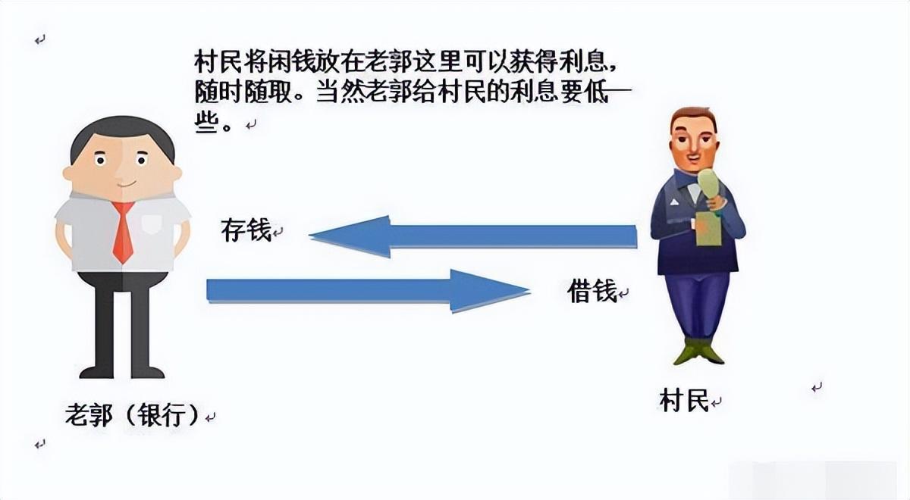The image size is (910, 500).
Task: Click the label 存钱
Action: (246, 230)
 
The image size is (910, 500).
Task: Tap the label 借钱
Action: (592, 291)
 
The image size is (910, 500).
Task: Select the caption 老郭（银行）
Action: (133, 414)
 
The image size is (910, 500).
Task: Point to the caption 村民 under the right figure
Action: (684, 400)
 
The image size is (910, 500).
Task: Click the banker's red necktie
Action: (123, 231)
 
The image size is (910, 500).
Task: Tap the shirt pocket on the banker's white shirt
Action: (151, 224)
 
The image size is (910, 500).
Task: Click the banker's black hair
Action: (122, 130)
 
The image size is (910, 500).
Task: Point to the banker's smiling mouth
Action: (127, 185)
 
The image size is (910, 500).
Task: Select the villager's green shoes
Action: (698, 352)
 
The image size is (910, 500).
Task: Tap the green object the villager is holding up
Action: (709, 189)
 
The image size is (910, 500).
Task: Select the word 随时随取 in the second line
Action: (243, 93)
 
